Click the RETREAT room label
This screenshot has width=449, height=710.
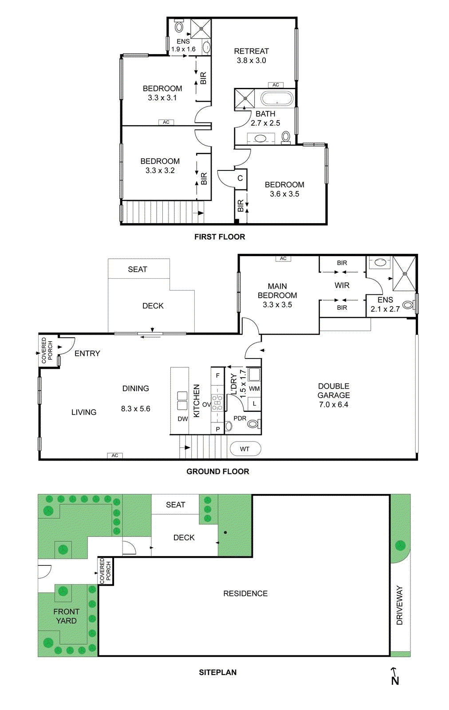[251, 51]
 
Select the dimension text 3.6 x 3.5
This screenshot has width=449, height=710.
[284, 194]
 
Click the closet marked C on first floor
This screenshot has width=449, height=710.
[240, 178]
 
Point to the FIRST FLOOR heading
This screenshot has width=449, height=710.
[220, 237]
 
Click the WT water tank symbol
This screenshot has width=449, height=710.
[245, 449]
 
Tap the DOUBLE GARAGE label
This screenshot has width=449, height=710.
[334, 390]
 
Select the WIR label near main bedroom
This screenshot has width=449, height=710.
[342, 285]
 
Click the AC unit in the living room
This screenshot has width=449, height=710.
[115, 455]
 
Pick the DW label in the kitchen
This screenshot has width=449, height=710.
[183, 419]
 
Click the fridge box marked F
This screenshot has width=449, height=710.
[218, 375]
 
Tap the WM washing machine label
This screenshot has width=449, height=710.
[254, 389]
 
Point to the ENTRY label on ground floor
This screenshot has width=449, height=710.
[87, 353]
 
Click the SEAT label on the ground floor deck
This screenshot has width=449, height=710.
[138, 269]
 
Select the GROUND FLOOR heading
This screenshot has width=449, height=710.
[218, 471]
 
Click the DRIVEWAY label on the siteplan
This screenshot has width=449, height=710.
[400, 605]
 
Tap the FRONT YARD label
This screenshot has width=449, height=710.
[66, 616]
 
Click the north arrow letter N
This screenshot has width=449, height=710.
[395, 681]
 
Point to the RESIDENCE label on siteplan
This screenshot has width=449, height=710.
[245, 593]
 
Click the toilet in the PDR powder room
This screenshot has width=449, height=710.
[253, 424]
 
